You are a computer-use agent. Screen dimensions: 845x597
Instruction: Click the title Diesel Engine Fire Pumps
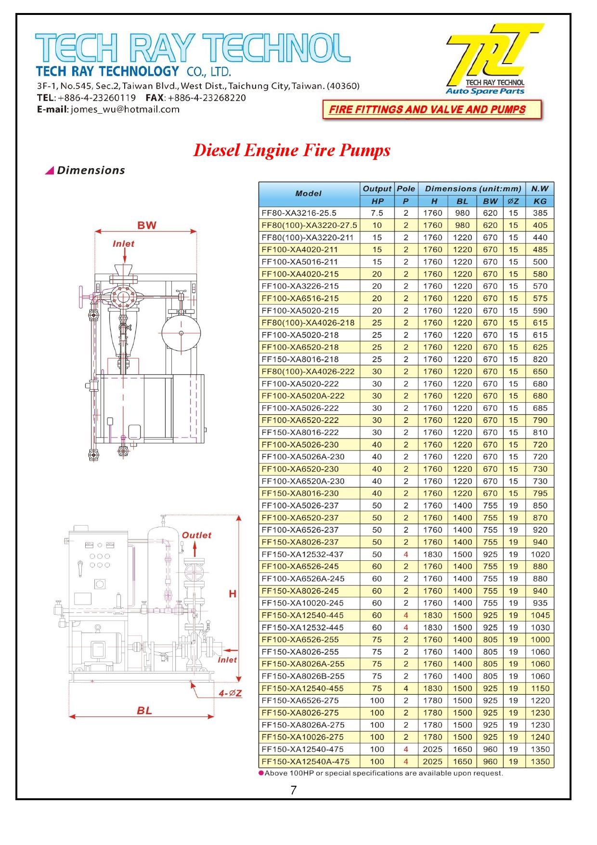click(x=291, y=150)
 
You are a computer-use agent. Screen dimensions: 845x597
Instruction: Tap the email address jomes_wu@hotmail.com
click(x=125, y=109)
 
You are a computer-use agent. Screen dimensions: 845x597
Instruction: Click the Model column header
click(x=308, y=194)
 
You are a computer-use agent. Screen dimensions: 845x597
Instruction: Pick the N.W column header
click(x=540, y=189)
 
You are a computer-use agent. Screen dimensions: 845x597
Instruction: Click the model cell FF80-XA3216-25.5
click(x=299, y=213)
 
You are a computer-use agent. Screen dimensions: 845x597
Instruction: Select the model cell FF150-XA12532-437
click(x=302, y=554)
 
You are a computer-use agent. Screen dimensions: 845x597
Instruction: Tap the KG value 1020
click(x=540, y=554)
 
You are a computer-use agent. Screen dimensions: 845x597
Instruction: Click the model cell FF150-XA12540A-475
click(x=305, y=761)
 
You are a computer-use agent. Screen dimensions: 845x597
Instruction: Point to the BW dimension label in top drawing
click(x=146, y=225)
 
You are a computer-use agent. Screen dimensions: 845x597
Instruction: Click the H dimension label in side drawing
click(x=233, y=594)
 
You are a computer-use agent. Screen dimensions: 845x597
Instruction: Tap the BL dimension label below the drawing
click(x=144, y=710)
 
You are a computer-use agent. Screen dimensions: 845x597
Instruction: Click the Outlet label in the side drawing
click(x=196, y=535)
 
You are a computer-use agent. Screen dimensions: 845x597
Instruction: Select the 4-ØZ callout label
click(x=230, y=693)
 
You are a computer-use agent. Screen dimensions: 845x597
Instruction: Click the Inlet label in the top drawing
click(x=123, y=244)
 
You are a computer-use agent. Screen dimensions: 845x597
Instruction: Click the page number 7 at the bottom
click(x=293, y=790)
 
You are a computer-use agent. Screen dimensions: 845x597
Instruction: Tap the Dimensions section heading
click(x=91, y=171)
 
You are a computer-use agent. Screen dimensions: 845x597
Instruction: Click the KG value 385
click(x=540, y=213)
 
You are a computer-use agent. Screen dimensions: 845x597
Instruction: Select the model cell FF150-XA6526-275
click(x=300, y=700)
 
